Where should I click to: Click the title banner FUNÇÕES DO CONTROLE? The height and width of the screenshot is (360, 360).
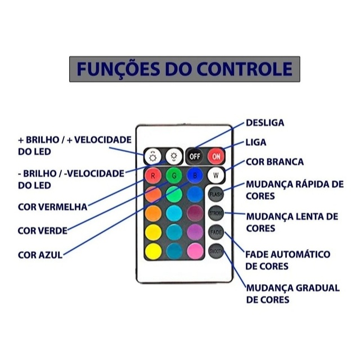[184, 69]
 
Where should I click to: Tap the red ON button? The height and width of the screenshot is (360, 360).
[216, 156]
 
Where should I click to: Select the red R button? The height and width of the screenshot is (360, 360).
[152, 175]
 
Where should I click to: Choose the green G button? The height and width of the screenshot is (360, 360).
[174, 175]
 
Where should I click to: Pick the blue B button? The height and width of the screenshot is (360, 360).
[195, 175]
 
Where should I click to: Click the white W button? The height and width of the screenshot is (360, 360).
[216, 175]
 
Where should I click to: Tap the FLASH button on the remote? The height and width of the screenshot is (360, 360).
[216, 195]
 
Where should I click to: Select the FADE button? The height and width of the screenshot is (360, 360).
[216, 232]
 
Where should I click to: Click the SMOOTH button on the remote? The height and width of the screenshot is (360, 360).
[216, 251]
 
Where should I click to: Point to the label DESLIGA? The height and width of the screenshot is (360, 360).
[265, 123]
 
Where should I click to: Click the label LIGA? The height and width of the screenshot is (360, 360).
[256, 142]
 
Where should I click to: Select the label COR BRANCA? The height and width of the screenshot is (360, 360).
[274, 162]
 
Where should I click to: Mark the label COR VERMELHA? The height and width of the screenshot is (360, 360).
[53, 206]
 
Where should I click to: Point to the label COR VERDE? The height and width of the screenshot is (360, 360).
[43, 230]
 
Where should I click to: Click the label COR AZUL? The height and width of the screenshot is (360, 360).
[40, 254]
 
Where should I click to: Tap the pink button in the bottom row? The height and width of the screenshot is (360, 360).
[195, 251]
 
